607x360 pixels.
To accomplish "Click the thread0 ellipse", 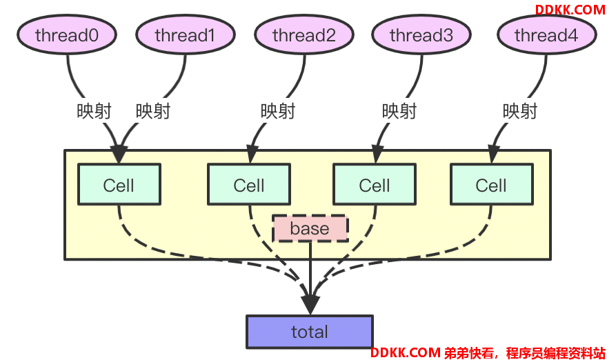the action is [x=67, y=34].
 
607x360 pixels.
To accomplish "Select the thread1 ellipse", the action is [x=186, y=34].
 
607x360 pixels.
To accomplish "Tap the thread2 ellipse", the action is [x=304, y=34].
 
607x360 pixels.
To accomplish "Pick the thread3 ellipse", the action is [x=421, y=34].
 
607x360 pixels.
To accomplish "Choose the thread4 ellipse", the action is [x=546, y=34].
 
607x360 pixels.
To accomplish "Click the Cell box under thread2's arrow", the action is [x=249, y=184].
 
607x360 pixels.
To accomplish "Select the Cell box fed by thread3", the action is [x=375, y=184].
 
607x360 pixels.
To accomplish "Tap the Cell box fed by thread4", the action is [x=492, y=184].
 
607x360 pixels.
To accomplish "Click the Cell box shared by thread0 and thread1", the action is [x=119, y=184].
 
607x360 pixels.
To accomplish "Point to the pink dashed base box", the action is [x=310, y=228].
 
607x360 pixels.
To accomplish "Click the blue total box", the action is [x=310, y=332].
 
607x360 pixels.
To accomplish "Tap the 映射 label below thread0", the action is [x=94, y=111].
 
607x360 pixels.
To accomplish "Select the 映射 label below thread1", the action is [x=153, y=111].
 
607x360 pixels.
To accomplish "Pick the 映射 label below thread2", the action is [x=278, y=111].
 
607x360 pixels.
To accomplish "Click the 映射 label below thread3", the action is [x=399, y=111].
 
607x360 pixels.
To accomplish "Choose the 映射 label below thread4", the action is [x=520, y=111].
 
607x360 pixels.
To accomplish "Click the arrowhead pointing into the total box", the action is [x=310, y=305].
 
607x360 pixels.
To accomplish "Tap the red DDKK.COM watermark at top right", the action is [x=570, y=10].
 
